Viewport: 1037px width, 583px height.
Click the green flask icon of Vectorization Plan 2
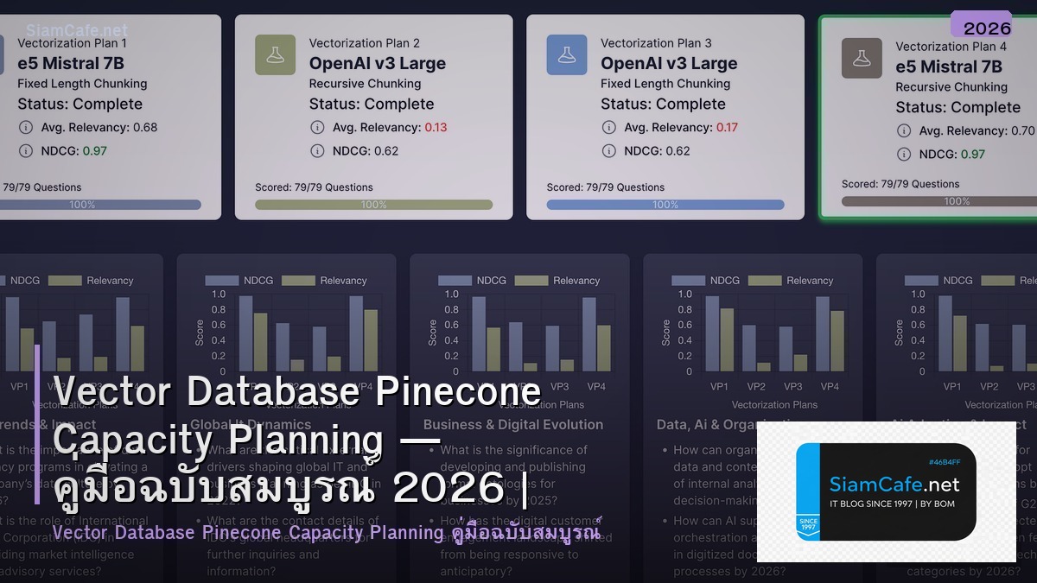coord(276,54)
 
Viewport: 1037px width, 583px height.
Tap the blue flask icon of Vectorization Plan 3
coord(567,54)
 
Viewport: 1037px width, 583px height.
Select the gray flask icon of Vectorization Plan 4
coord(862,58)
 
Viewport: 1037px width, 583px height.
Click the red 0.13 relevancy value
coord(436,127)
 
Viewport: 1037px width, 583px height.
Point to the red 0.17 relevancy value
coord(727,127)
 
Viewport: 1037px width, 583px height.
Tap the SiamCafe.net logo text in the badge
coord(894,484)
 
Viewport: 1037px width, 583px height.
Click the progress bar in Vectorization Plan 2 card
coord(373,205)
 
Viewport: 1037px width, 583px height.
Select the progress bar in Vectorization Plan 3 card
coord(665,205)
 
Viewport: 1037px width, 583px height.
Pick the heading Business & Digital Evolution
coord(512,424)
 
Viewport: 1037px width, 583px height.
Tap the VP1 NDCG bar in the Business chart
coord(479,334)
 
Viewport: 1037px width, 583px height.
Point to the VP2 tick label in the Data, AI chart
coord(756,387)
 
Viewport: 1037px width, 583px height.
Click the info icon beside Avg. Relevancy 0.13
coord(318,127)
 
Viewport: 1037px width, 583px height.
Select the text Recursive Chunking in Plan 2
coord(365,84)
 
